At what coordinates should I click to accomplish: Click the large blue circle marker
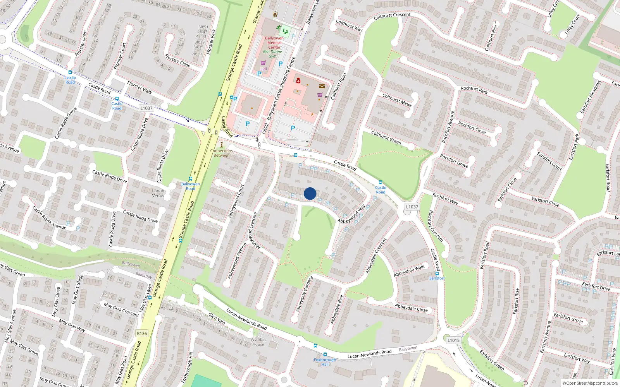[x=310, y=193]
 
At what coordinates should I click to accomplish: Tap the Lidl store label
[x=263, y=69]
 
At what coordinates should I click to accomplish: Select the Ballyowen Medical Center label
[x=274, y=43]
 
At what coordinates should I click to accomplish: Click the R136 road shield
[x=142, y=333]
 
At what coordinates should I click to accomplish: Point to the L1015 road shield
[x=453, y=340]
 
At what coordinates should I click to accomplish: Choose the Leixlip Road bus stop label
[x=70, y=80]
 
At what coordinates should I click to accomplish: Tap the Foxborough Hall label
[x=325, y=362]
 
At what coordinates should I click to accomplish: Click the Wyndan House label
[x=258, y=342]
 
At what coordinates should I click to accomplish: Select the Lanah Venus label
[x=158, y=193]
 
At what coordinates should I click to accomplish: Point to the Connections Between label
[x=222, y=153]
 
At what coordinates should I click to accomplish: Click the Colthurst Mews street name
[x=397, y=100]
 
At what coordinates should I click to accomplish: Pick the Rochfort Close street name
[x=472, y=127]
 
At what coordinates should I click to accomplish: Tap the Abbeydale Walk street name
[x=409, y=271]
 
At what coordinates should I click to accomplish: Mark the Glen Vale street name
[x=217, y=318]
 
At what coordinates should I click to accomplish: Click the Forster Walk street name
[x=139, y=87]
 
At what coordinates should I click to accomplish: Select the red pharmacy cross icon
[x=298, y=81]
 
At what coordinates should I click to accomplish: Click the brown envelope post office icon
[x=322, y=86]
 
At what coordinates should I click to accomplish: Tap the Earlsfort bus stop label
[x=437, y=278]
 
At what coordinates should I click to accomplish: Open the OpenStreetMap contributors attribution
[x=590, y=383]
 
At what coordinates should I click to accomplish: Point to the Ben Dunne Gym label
[x=273, y=54]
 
